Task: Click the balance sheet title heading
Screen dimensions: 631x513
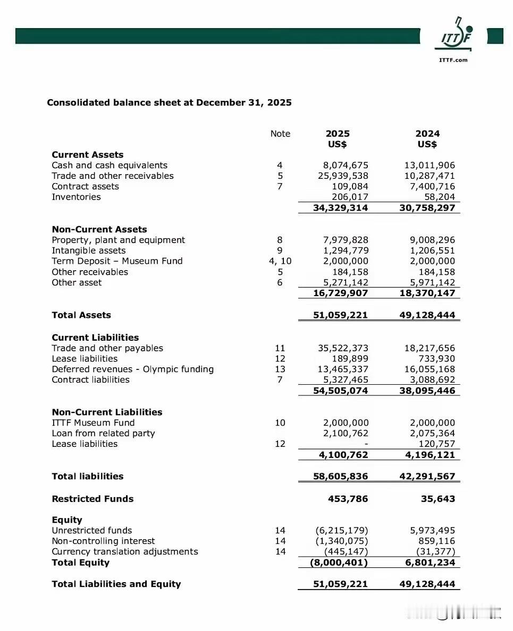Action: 169,102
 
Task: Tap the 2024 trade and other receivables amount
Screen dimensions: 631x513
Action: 430,176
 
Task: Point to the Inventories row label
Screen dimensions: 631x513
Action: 76,197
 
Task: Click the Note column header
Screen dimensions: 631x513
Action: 280,134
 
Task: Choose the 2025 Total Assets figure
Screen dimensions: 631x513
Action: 340,315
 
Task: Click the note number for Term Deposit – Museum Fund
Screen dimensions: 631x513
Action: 280,261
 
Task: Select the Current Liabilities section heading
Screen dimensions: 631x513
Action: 95,338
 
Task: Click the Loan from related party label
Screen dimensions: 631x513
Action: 103,434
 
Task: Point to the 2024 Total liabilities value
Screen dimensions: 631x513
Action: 427,477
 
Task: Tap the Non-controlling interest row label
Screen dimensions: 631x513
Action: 103,541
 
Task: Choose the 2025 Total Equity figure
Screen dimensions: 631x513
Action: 339,563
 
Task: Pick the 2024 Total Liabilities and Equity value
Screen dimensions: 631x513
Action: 427,584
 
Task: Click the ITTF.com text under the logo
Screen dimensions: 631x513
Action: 453,60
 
